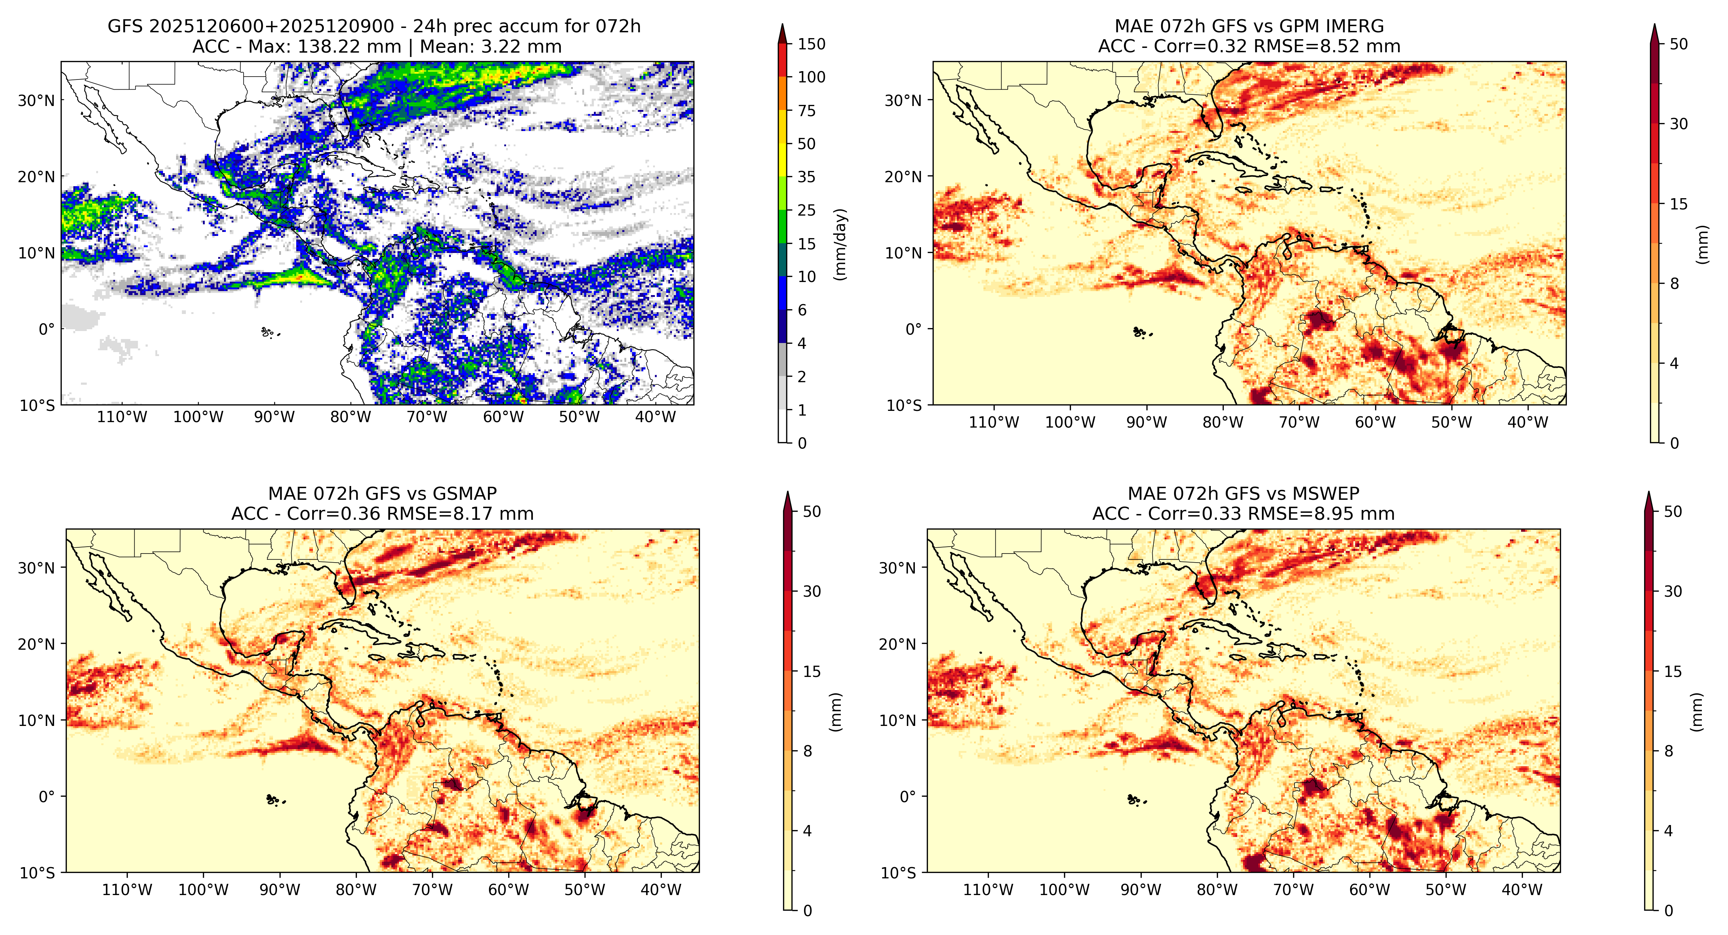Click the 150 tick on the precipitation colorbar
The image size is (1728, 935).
point(811,44)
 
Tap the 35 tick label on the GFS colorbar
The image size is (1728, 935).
point(806,177)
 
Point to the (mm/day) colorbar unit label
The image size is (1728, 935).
point(840,244)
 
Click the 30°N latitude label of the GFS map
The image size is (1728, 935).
point(36,101)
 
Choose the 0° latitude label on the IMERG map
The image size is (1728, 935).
point(914,329)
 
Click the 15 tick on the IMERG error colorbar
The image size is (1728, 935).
point(1678,204)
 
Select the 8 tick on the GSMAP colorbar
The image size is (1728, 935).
point(808,751)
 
